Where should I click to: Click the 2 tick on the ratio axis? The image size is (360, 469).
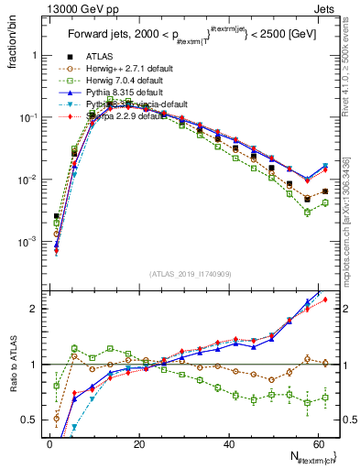tap(35, 309)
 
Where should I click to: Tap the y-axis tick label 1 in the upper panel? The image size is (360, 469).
tap(35, 55)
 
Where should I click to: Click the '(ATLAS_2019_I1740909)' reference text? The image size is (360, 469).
tap(191, 273)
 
